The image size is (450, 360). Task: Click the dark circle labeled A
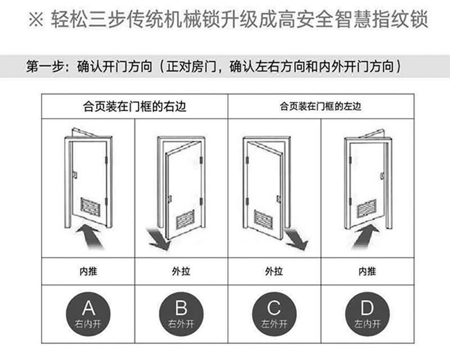[x=88, y=313]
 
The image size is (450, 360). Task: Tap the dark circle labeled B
[x=181, y=313]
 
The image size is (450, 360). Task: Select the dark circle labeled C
[x=274, y=313]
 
